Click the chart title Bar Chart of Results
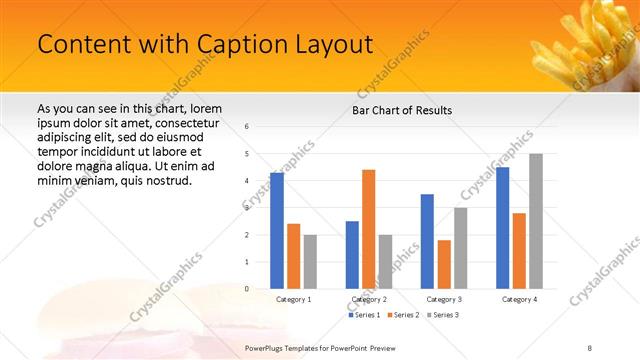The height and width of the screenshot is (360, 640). pyautogui.click(x=402, y=110)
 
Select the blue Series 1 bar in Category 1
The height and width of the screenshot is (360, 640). pyautogui.click(x=277, y=231)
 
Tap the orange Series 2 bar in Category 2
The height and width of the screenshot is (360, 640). pyautogui.click(x=369, y=229)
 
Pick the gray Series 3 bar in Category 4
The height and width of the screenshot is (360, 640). pyautogui.click(x=536, y=221)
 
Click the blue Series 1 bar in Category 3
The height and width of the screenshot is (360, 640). pyautogui.click(x=427, y=241)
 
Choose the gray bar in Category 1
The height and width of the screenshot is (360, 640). pyautogui.click(x=310, y=262)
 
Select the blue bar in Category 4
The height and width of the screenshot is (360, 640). pyautogui.click(x=503, y=228)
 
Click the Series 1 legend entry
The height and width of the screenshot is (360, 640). pyautogui.click(x=366, y=315)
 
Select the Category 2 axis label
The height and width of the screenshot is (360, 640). pyautogui.click(x=369, y=299)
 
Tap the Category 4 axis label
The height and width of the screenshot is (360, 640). pyautogui.click(x=519, y=299)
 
